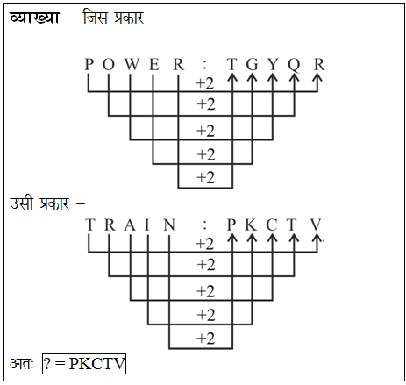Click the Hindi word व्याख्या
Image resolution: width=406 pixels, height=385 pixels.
[34, 18]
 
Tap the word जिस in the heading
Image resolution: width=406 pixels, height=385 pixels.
[95, 17]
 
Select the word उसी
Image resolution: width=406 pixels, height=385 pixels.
[21, 203]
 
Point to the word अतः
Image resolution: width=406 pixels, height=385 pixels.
[22, 363]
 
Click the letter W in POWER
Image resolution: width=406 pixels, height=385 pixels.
[132, 64]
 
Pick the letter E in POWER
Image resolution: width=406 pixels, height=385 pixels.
[154, 64]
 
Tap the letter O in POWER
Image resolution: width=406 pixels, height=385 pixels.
[109, 64]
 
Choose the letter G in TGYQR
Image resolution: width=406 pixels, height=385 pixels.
[253, 64]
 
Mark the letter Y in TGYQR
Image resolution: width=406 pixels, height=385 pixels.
[273, 64]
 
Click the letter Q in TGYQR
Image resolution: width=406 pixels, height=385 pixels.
[294, 65]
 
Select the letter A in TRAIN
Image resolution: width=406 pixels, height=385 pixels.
[130, 225]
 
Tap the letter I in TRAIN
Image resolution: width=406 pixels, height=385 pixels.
[147, 225]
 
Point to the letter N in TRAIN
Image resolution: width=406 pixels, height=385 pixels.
[169, 225]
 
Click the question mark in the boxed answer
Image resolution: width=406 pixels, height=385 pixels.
[46, 364]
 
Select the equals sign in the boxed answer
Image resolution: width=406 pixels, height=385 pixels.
[60, 364]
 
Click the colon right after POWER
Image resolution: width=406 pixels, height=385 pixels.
[205, 65]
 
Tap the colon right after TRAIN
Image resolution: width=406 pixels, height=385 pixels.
[205, 225]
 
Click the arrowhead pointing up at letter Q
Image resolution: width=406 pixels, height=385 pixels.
[294, 77]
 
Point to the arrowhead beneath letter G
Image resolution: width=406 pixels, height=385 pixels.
[252, 77]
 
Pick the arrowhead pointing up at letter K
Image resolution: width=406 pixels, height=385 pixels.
[252, 238]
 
